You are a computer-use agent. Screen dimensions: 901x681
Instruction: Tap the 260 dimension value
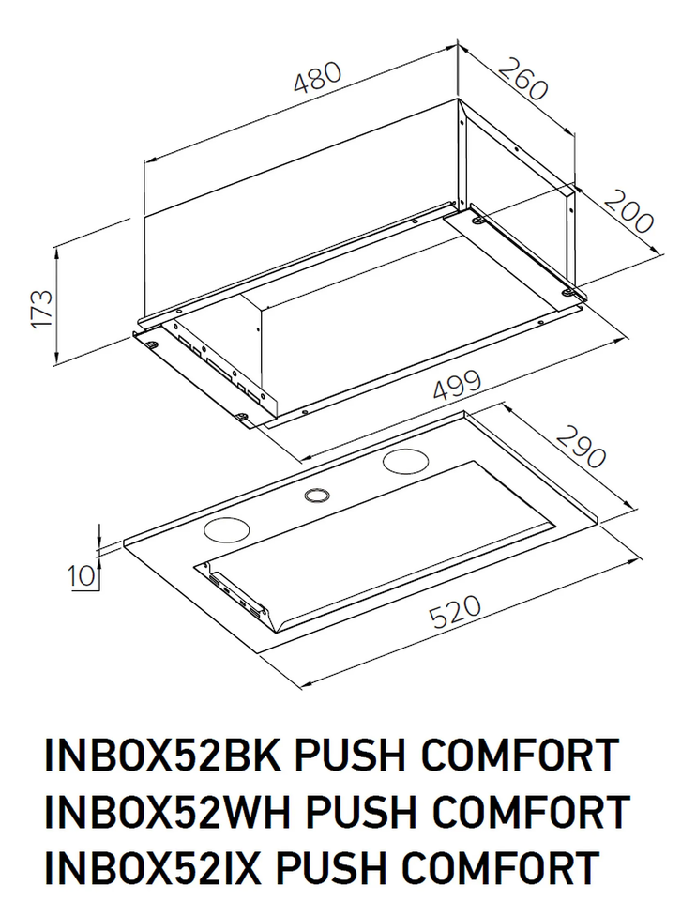(522, 80)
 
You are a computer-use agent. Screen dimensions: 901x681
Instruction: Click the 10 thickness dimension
(83, 574)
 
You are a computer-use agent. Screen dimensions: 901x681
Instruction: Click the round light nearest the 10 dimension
(225, 530)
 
